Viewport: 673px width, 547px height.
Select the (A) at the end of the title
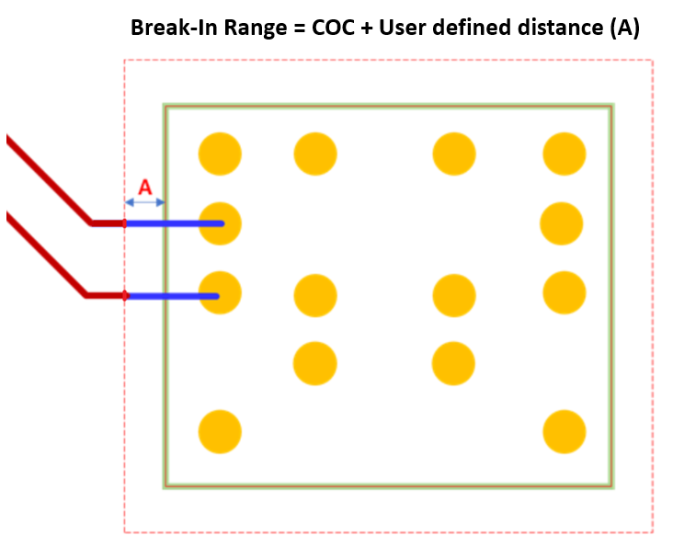point(624,28)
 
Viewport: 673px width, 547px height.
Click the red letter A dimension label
point(144,188)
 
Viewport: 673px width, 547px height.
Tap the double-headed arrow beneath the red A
point(144,202)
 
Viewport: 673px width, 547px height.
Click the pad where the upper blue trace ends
point(220,223)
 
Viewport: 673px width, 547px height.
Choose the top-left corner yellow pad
point(220,154)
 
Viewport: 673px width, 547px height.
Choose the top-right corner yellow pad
point(565,154)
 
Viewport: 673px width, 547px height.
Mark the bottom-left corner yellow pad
point(220,431)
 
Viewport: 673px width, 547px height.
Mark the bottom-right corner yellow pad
point(565,431)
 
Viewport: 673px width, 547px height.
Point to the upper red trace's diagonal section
point(48,180)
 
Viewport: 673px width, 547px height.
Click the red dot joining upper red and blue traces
point(125,223)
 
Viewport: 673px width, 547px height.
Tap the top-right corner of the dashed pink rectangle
point(652,61)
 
